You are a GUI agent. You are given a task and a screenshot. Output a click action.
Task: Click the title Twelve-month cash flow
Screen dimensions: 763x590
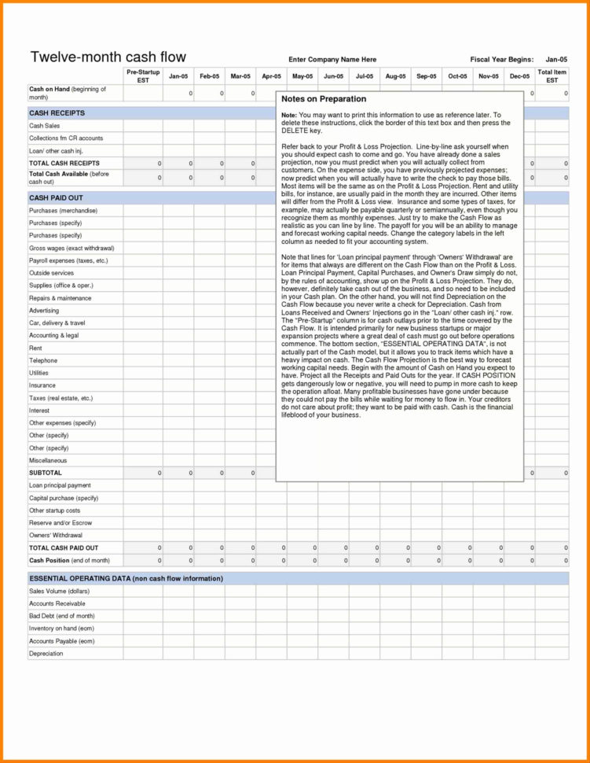pyautogui.click(x=108, y=57)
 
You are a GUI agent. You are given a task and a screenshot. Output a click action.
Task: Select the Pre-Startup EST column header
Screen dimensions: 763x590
pyautogui.click(x=142, y=76)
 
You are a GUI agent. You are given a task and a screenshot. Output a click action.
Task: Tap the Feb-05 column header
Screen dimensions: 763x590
pyautogui.click(x=209, y=76)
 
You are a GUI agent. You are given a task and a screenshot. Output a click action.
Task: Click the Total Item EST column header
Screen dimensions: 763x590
pyautogui.click(x=552, y=76)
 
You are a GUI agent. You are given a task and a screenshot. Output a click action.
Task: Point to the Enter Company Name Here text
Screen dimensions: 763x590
pyautogui.click(x=332, y=60)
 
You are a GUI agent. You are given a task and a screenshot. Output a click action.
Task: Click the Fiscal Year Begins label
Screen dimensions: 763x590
pyautogui.click(x=501, y=60)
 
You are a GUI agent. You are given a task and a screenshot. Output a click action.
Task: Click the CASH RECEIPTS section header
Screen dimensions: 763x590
pyautogui.click(x=57, y=113)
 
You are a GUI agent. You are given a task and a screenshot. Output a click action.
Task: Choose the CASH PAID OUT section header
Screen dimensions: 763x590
pyautogui.click(x=56, y=198)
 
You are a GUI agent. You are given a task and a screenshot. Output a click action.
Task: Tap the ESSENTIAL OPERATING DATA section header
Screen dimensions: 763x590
pyautogui.click(x=126, y=578)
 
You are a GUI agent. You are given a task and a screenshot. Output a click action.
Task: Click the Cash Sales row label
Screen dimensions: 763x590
pyautogui.click(x=45, y=126)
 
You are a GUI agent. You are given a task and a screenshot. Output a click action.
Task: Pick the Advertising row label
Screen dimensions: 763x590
pyautogui.click(x=44, y=311)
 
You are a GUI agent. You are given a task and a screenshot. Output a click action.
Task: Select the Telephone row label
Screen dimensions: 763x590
pyautogui.click(x=43, y=360)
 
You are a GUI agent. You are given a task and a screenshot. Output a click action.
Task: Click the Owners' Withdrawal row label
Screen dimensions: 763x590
pyautogui.click(x=53, y=535)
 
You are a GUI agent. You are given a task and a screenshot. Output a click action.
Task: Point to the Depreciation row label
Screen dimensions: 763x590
pyautogui.click(x=46, y=654)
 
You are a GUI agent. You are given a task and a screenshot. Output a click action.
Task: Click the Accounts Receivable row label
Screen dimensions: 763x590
pyautogui.click(x=57, y=603)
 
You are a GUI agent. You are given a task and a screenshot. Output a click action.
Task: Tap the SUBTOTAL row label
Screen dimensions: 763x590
pyautogui.click(x=46, y=473)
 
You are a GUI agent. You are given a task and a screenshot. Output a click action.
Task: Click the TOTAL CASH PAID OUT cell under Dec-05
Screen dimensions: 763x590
pyautogui.click(x=519, y=547)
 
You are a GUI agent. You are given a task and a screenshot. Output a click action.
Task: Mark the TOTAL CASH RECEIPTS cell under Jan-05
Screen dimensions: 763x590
pyautogui.click(x=178, y=164)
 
